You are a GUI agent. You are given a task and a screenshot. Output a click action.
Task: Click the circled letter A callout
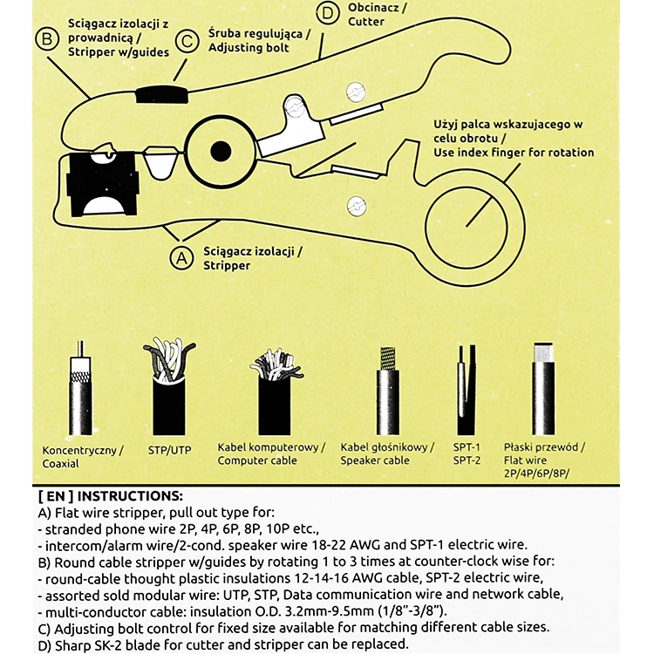(x=181, y=258)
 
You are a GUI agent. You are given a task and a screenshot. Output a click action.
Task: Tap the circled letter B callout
(x=47, y=38)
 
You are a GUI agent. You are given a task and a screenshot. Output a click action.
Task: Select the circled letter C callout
(x=187, y=41)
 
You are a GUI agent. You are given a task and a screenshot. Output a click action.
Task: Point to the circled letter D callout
(x=328, y=13)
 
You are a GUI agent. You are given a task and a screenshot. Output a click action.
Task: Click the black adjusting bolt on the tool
(x=162, y=94)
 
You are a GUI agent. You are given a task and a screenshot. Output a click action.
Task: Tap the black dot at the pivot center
(x=221, y=152)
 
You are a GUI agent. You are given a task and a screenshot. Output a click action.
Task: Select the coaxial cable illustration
(x=80, y=388)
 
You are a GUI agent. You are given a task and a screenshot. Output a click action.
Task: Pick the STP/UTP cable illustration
(x=169, y=387)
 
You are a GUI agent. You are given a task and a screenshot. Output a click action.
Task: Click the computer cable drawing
(x=276, y=392)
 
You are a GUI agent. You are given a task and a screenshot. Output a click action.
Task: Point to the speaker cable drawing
(x=388, y=391)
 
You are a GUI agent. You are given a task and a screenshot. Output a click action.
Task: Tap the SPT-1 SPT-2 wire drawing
(x=467, y=390)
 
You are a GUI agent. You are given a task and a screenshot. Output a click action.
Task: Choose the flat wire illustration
(x=543, y=389)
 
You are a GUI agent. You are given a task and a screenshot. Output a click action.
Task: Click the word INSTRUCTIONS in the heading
(x=130, y=496)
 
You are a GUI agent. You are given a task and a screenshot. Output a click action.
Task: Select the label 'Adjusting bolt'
(x=249, y=48)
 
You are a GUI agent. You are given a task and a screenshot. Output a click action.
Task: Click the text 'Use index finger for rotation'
(x=514, y=153)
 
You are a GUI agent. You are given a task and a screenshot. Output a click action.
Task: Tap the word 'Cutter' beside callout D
(x=366, y=21)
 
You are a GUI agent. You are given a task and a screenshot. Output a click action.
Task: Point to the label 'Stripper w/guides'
(x=119, y=52)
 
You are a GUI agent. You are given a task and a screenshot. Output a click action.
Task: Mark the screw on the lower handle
(x=357, y=205)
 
